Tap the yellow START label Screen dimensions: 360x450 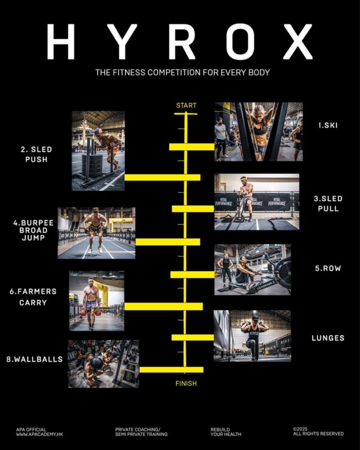(x=186, y=106)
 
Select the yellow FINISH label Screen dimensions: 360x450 (x=186, y=384)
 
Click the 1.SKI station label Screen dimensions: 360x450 (x=328, y=125)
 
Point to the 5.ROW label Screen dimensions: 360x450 (x=328, y=268)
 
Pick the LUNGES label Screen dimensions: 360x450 (x=328, y=338)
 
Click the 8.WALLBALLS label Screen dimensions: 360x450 (x=34, y=359)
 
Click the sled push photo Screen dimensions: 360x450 (x=98, y=151)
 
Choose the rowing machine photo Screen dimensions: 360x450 (x=253, y=270)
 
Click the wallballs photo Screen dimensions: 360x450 (x=103, y=364)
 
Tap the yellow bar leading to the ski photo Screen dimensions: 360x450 (x=192, y=147)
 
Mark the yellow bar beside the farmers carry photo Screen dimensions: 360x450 (x=164, y=307)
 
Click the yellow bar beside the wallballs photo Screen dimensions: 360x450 (x=172, y=370)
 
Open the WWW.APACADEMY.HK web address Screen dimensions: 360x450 (x=39, y=434)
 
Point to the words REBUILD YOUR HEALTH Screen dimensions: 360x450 (x=226, y=432)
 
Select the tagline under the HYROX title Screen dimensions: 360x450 (x=183, y=73)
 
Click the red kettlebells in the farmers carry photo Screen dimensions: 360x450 (x=91, y=312)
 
